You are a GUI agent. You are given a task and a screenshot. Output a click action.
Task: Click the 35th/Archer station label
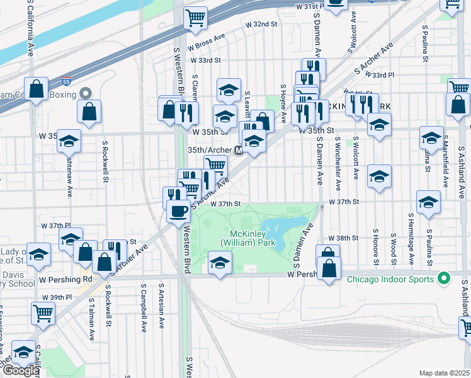210,151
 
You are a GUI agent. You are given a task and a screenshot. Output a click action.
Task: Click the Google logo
21,370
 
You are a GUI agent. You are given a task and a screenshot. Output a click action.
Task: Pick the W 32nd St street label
261,24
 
